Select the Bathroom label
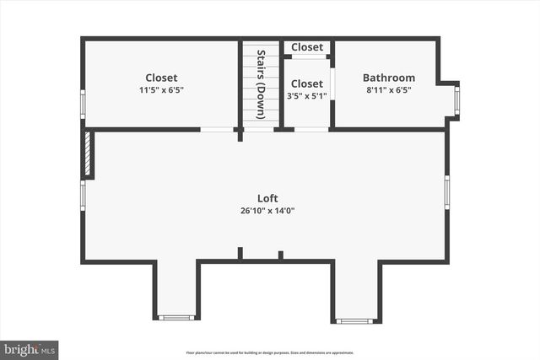click(388, 78)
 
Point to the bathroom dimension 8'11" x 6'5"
click(388, 89)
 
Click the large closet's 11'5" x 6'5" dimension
click(161, 89)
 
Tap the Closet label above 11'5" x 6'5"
click(161, 78)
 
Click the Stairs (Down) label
click(262, 83)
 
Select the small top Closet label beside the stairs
click(307, 47)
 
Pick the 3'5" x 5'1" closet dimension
click(307, 95)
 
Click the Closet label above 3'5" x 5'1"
click(307, 83)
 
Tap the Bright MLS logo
click(30, 348)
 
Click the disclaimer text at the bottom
click(270, 352)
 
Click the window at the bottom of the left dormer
click(176, 318)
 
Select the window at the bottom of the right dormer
click(354, 320)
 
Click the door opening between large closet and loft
click(217, 129)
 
